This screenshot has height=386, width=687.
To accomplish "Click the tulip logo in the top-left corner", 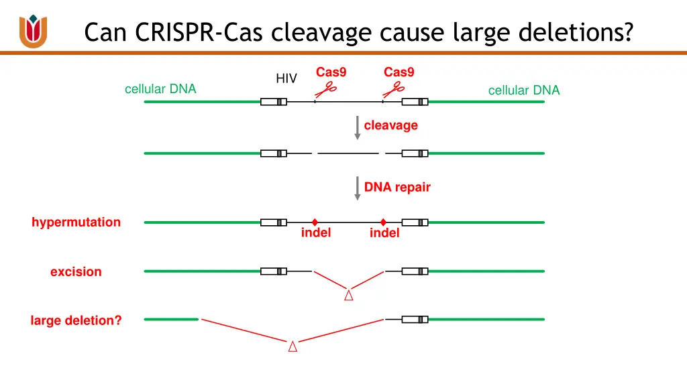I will click(33, 31).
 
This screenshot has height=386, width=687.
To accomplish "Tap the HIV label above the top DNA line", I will click(286, 78).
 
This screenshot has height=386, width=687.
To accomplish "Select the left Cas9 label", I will click(331, 72).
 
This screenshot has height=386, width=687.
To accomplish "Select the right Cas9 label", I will click(399, 72).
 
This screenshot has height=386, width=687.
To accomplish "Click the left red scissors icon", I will click(327, 89).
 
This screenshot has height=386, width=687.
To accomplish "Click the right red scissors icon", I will click(394, 89).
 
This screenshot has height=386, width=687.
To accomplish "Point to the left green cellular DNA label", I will click(160, 88).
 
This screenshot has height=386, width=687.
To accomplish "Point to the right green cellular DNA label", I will click(523, 90).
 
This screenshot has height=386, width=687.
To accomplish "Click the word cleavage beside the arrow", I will click(390, 125).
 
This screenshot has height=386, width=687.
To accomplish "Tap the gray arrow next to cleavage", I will click(358, 127).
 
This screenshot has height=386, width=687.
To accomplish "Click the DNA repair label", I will click(397, 188).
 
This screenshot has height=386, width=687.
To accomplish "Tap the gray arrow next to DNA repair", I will click(358, 188).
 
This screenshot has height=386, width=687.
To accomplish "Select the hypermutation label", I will click(76, 222).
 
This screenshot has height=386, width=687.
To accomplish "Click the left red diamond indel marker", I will click(315, 222).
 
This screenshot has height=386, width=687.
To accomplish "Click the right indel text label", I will click(384, 233).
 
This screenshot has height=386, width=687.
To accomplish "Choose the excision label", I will click(76, 271).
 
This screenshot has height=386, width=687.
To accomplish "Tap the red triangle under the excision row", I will click(349, 295).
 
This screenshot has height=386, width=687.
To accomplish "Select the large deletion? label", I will click(76, 320).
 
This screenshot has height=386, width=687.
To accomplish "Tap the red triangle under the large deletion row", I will click(293, 346).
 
